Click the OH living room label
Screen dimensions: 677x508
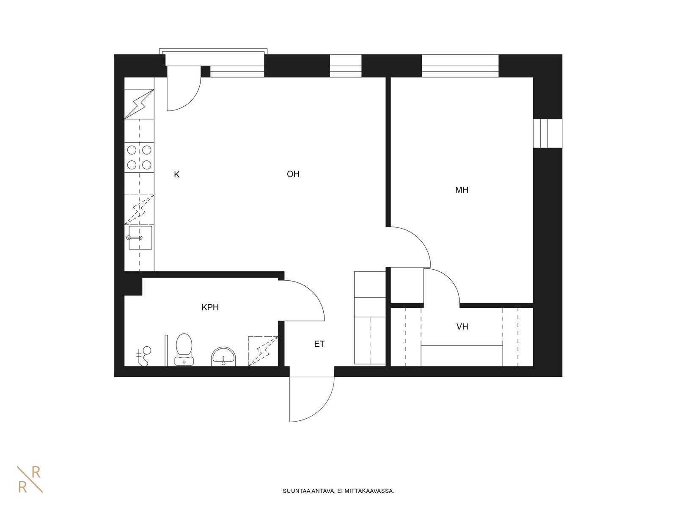[293, 174]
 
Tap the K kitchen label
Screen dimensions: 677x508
[177, 175]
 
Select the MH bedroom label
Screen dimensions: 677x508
[462, 190]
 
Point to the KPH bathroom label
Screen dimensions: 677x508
[210, 307]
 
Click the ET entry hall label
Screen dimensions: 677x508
[319, 344]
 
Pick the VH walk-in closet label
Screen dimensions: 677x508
[462, 327]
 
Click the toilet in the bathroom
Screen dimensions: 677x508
[184, 350]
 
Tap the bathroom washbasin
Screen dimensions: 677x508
[223, 357]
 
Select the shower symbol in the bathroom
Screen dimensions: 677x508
[144, 356]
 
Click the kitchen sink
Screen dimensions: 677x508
[140, 237]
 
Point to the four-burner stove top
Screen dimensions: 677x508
[139, 157]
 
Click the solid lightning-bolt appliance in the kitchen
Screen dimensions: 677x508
[139, 104]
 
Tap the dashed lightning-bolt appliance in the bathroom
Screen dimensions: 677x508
[263, 351]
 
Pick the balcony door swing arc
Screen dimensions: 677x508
[191, 101]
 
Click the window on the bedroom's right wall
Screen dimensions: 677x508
[548, 133]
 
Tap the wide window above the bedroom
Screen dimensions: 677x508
[460, 66]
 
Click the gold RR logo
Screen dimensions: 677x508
[30, 479]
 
